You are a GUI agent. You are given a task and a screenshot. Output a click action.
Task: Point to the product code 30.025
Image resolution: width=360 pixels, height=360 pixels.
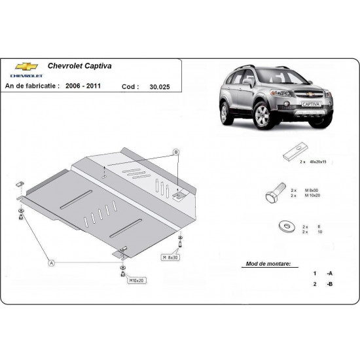point(158,86)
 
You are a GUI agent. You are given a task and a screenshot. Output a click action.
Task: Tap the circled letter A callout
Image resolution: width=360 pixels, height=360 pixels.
point(50,263)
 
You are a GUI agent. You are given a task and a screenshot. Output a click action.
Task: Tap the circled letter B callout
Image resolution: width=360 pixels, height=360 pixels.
point(175,152)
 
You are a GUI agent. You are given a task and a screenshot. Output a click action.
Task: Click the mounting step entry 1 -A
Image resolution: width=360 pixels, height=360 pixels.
point(323,273)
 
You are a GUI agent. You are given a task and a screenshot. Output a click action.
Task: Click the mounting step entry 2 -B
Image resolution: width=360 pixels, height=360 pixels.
point(323,284)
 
